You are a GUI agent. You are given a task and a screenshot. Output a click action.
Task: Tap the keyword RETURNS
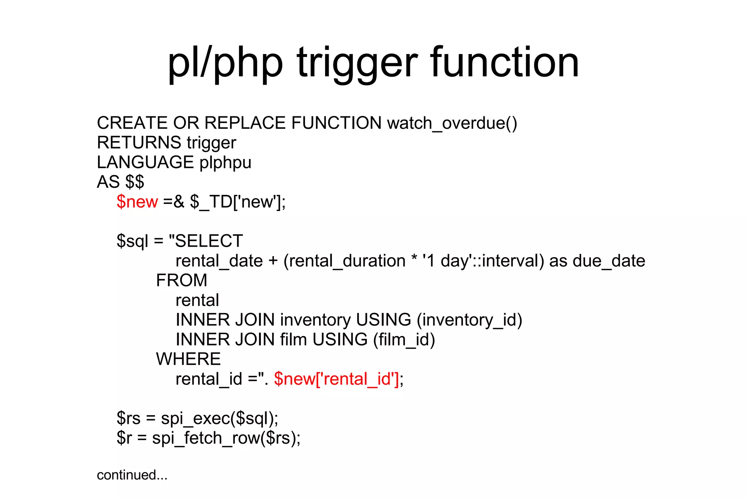pyautogui.click(x=139, y=143)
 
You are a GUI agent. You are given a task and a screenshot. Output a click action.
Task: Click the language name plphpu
pyautogui.click(x=225, y=163)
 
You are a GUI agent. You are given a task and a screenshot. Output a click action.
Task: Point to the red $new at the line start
pyautogui.click(x=137, y=202)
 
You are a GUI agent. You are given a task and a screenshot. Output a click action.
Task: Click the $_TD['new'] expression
pyautogui.click(x=237, y=202)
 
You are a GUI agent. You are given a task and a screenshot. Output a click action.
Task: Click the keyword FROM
pyautogui.click(x=181, y=281)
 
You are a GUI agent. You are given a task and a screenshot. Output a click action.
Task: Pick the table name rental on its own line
pyautogui.click(x=197, y=300)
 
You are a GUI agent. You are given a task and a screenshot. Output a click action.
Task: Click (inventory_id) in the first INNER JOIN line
pyautogui.click(x=469, y=320)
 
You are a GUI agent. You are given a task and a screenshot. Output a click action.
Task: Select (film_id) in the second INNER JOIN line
pyautogui.click(x=404, y=340)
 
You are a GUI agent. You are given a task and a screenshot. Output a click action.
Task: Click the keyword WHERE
pyautogui.click(x=188, y=359)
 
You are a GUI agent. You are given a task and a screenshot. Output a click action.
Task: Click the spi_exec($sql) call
pyautogui.click(x=219, y=418)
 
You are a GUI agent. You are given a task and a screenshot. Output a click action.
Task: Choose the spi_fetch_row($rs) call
pyautogui.click(x=226, y=438)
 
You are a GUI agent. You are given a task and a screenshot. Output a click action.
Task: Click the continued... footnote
pyautogui.click(x=132, y=475)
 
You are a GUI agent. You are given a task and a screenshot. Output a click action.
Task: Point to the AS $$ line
pyautogui.click(x=120, y=182)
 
